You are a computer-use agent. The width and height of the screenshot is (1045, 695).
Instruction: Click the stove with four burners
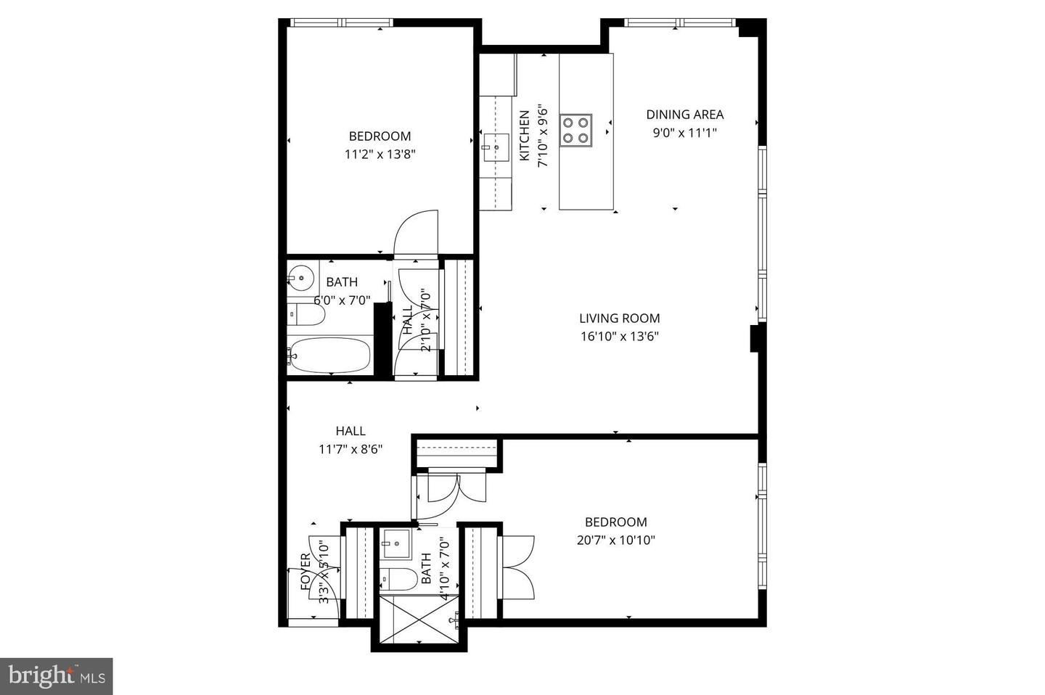(576, 130)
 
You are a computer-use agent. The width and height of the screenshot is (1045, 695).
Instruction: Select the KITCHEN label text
(524, 136)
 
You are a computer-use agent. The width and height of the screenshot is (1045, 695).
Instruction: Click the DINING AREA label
(684, 114)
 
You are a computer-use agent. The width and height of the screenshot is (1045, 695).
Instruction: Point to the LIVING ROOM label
(619, 318)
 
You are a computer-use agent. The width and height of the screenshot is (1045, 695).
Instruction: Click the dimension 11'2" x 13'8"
(380, 154)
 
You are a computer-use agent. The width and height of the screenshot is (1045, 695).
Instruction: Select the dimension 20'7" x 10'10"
(615, 540)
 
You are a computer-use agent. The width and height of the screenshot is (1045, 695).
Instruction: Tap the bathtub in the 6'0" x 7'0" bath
(329, 355)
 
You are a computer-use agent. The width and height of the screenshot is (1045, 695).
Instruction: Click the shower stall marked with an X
(419, 619)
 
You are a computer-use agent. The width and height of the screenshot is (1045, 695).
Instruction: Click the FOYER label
(306, 570)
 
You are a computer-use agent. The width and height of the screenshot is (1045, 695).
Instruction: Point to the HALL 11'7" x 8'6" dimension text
(351, 449)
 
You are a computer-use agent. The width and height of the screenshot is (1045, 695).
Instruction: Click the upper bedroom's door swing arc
(415, 231)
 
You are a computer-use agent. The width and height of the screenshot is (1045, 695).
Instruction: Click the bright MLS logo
(56, 676)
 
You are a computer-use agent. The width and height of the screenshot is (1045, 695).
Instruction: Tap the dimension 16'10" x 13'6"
(619, 336)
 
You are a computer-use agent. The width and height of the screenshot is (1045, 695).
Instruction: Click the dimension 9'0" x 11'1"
(684, 133)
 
